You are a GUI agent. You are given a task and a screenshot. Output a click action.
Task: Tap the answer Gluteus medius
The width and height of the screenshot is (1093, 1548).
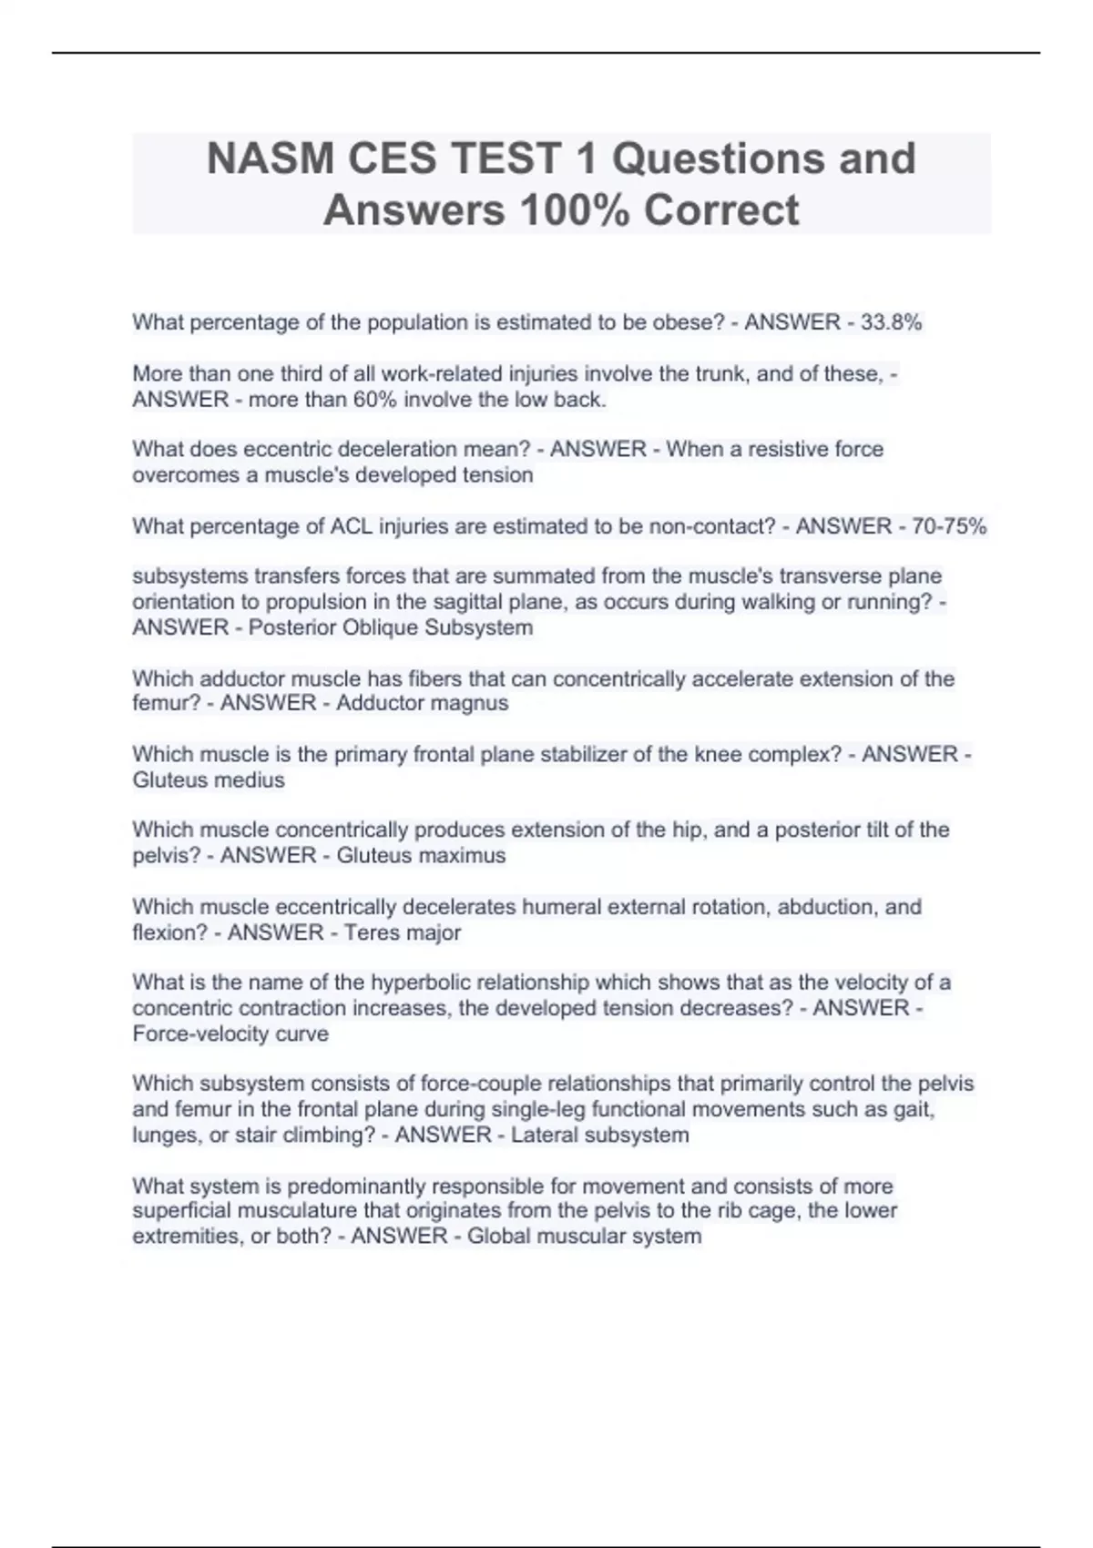(x=209, y=779)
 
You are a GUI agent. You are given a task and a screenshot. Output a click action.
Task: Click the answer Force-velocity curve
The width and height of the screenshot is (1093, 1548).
(x=230, y=1034)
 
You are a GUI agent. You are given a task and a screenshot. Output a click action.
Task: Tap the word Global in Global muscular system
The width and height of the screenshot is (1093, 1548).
(x=498, y=1236)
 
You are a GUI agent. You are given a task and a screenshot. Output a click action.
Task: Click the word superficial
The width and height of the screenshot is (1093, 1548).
(x=181, y=1210)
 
